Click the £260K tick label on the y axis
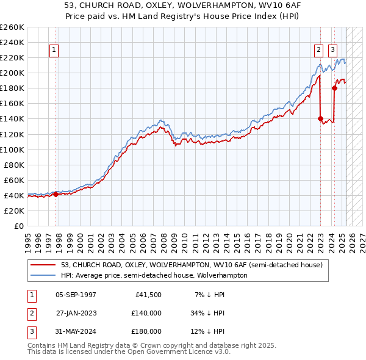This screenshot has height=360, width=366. coord(12,27)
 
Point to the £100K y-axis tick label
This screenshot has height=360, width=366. coord(12,149)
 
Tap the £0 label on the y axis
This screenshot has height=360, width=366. coord(20,226)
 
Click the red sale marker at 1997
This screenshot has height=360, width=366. coord(56,194)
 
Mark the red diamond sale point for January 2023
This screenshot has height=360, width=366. coord(320,118)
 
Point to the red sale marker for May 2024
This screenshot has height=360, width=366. coord(334,88)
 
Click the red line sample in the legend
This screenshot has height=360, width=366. coord(44,265)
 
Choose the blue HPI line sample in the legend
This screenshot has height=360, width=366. coord(44,275)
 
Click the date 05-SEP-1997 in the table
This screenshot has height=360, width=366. coord(76,295)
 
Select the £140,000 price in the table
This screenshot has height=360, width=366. coord(146,313)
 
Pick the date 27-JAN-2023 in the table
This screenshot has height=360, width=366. coord(76,313)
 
